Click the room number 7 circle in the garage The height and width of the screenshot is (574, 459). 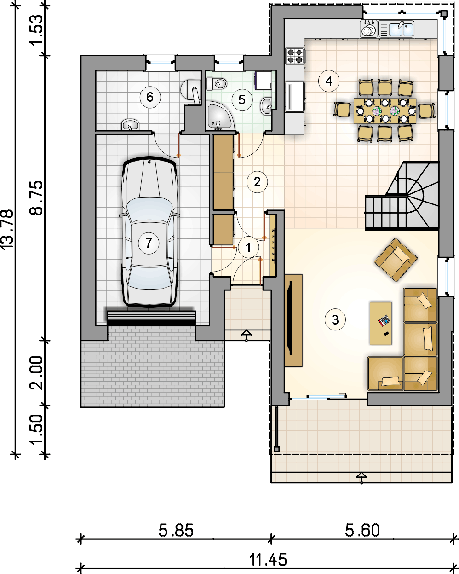[149, 243]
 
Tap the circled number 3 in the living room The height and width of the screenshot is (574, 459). [335, 319]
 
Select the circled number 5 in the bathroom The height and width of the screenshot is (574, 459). [242, 100]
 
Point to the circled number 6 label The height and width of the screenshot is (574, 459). [150, 97]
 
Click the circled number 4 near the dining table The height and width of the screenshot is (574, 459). [329, 81]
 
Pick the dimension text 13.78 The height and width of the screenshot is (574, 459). [7, 229]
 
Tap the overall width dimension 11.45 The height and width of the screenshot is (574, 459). [268, 560]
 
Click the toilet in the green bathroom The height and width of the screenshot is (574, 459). [216, 83]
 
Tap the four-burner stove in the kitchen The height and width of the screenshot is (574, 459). [294, 56]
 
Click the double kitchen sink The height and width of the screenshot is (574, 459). [396, 29]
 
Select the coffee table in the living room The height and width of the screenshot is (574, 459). [380, 323]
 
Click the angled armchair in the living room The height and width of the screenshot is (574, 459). [396, 260]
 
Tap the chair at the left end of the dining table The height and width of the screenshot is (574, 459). [342, 110]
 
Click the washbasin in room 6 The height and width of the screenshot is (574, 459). [130, 125]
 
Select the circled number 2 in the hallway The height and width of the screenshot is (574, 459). [257, 182]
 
